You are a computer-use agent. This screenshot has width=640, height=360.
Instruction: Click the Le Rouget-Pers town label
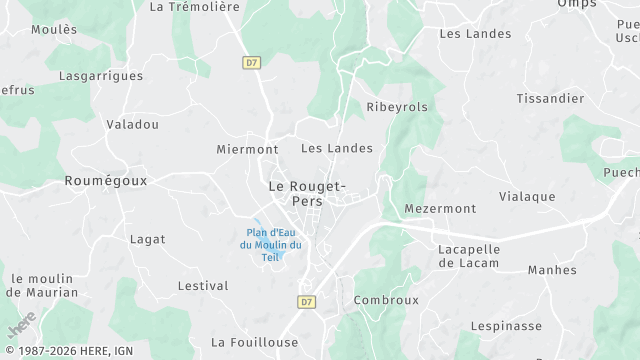click(x=306, y=193)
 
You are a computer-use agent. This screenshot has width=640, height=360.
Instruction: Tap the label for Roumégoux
click(x=105, y=181)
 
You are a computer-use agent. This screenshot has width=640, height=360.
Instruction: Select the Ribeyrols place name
click(x=397, y=107)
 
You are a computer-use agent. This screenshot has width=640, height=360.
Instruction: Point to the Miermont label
click(x=247, y=149)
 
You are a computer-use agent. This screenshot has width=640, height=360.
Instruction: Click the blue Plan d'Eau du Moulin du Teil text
click(x=271, y=245)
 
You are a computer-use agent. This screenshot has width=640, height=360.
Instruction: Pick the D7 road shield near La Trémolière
click(x=251, y=62)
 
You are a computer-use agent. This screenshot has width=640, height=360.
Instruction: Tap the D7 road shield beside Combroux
click(x=307, y=301)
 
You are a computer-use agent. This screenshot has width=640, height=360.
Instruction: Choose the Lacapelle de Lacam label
click(x=468, y=255)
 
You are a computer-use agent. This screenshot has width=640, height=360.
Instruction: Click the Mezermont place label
click(x=440, y=209)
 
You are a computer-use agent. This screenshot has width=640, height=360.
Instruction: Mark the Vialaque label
click(x=527, y=197)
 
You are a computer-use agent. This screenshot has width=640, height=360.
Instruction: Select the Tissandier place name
click(x=550, y=98)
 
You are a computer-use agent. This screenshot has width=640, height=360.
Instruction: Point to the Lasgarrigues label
click(x=100, y=76)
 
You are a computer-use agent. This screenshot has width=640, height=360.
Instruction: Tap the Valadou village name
click(x=132, y=125)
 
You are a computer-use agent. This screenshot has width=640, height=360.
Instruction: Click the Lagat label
click(x=147, y=240)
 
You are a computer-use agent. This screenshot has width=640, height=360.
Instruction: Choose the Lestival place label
click(x=203, y=286)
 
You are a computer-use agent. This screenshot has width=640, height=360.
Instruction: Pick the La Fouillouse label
click(x=255, y=342)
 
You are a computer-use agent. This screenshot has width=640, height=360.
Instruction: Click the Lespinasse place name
click(x=506, y=326)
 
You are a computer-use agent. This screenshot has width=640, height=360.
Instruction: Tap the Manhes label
click(x=552, y=270)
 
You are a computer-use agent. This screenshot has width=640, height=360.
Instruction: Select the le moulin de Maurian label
click(x=42, y=285)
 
